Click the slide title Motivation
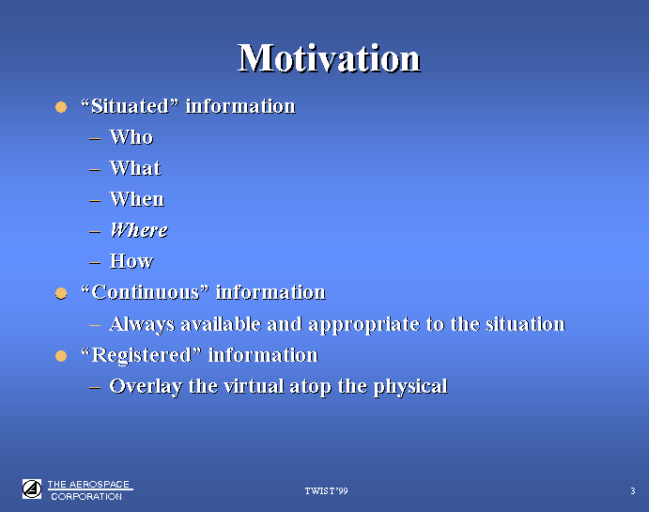[x=329, y=58]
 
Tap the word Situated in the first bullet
[x=131, y=106]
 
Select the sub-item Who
[x=131, y=137]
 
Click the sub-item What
[x=135, y=168]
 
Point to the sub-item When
[x=136, y=199]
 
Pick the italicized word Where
[x=139, y=230]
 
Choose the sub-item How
[x=131, y=261]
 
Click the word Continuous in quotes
[x=146, y=292]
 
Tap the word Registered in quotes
[x=142, y=356]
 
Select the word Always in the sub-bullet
[x=142, y=324]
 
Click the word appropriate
[x=364, y=325]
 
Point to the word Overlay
[x=146, y=387]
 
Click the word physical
[x=410, y=387]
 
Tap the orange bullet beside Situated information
[x=61, y=107]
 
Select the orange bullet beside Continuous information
[x=61, y=293]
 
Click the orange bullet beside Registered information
[x=61, y=356]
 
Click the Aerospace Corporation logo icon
[x=32, y=489]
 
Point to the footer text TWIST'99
[x=326, y=491]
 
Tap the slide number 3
[x=633, y=491]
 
